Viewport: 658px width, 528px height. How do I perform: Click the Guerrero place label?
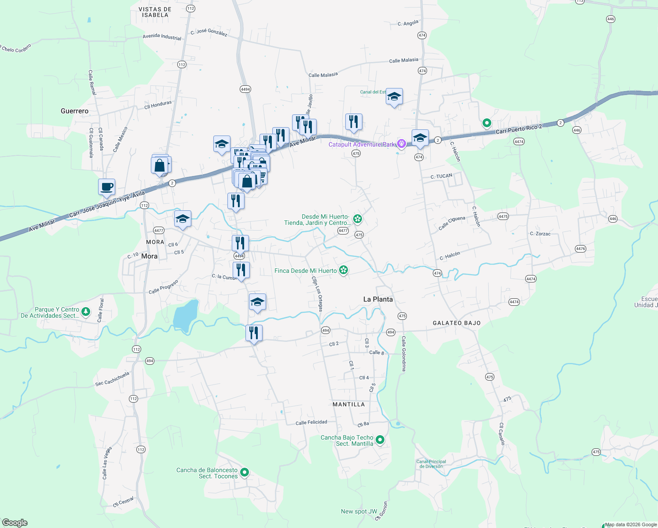click(x=74, y=111)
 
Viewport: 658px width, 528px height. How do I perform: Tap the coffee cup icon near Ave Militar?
click(x=107, y=187)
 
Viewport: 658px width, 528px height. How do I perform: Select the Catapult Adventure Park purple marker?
click(x=401, y=143)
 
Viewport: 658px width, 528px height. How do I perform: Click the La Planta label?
click(x=378, y=299)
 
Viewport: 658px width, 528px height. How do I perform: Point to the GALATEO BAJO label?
click(x=457, y=323)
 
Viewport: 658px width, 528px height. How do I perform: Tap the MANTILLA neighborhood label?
click(x=348, y=404)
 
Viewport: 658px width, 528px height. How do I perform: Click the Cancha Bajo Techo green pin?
click(x=380, y=440)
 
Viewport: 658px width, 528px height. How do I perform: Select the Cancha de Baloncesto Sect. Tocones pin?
click(x=245, y=473)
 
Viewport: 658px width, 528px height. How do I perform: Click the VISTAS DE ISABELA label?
click(x=155, y=12)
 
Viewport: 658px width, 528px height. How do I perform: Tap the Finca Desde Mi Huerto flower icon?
click(x=344, y=270)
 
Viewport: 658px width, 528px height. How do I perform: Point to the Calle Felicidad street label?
click(x=311, y=422)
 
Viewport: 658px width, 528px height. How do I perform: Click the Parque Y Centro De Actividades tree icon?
click(x=86, y=312)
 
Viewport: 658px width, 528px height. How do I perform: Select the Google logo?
click(x=15, y=523)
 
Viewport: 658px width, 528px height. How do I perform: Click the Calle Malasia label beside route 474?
click(x=404, y=60)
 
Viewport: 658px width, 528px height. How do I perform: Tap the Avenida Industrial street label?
click(x=162, y=37)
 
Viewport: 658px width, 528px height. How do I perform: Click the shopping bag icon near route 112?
click(x=160, y=166)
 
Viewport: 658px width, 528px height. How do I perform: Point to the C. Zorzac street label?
click(x=540, y=234)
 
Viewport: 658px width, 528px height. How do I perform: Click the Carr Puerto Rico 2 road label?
click(x=519, y=129)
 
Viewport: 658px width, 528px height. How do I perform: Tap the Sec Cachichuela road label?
click(x=113, y=378)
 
